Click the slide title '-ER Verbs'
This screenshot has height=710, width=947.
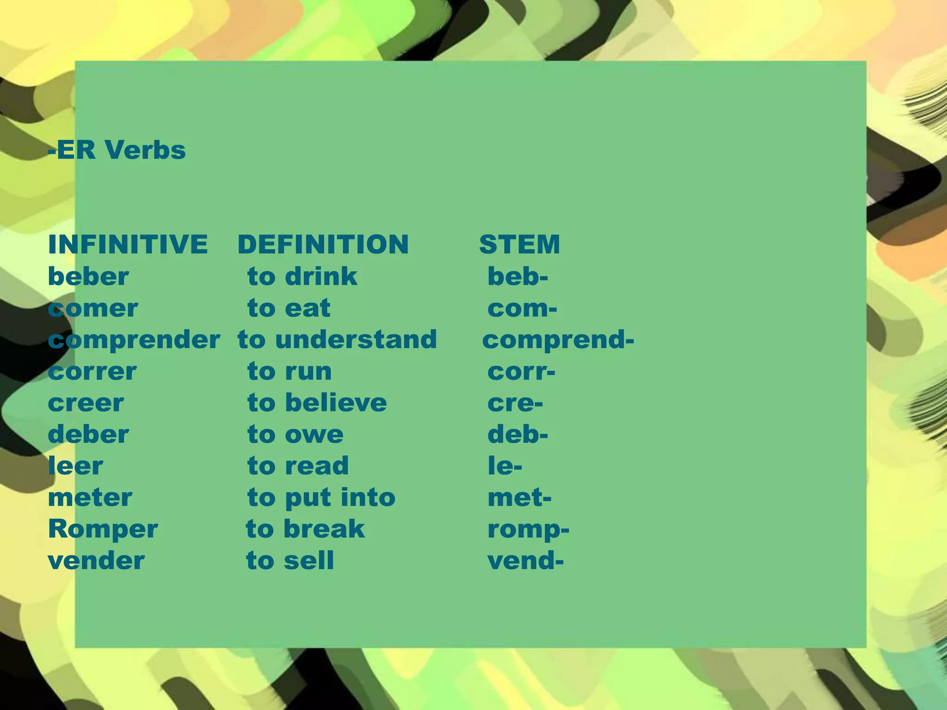click(117, 150)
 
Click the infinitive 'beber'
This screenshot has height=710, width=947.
click(88, 276)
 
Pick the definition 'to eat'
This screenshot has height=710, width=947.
click(289, 308)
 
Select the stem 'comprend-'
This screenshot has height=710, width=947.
click(558, 340)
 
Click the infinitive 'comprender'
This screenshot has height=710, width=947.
click(134, 340)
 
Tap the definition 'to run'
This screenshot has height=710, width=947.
click(289, 371)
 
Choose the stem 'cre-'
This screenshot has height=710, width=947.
click(515, 403)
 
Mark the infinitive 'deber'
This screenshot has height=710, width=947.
click(88, 435)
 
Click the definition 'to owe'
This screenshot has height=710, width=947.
click(295, 435)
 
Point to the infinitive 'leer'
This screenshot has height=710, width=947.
click(75, 466)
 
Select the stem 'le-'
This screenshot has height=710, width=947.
click(505, 466)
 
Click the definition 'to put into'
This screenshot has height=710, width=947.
click(321, 498)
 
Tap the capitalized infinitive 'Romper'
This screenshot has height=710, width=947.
click(103, 529)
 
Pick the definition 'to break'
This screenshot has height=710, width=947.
click(305, 529)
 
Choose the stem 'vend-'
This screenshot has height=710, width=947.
click(525, 561)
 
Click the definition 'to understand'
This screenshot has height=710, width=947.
click(337, 340)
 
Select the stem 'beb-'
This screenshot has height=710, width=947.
click(517, 276)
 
